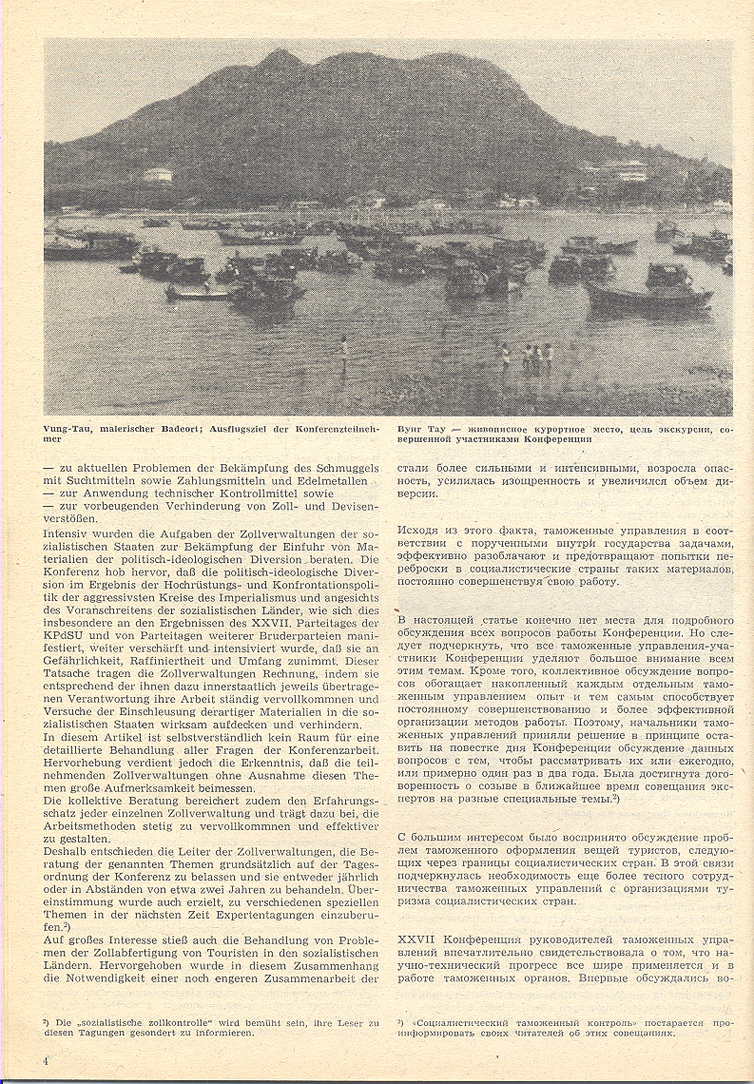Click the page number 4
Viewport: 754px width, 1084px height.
[x=46, y=1058]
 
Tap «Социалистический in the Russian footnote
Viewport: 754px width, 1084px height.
[x=455, y=1022]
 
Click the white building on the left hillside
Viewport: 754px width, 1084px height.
[x=157, y=174]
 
